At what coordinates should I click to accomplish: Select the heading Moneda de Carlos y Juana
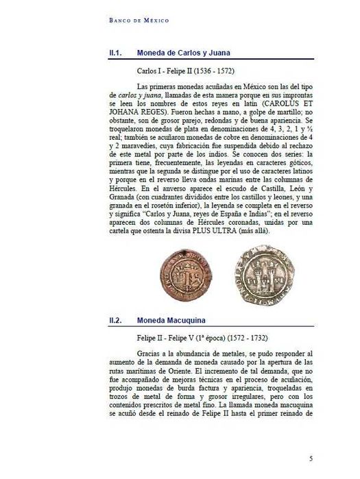[x=183, y=52]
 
